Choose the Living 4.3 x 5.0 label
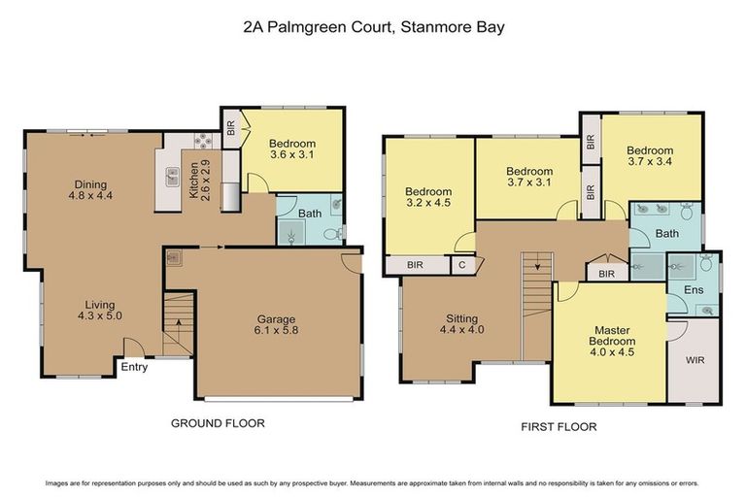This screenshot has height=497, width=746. point(98,309)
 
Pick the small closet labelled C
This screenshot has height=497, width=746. point(461,264)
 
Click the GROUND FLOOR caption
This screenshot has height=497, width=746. point(218,423)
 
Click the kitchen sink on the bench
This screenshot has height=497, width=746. point(172,177)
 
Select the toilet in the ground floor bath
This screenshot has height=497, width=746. point(330,233)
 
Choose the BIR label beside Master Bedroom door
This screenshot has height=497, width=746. point(606,275)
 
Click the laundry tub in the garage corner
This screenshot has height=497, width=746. point(175,257)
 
